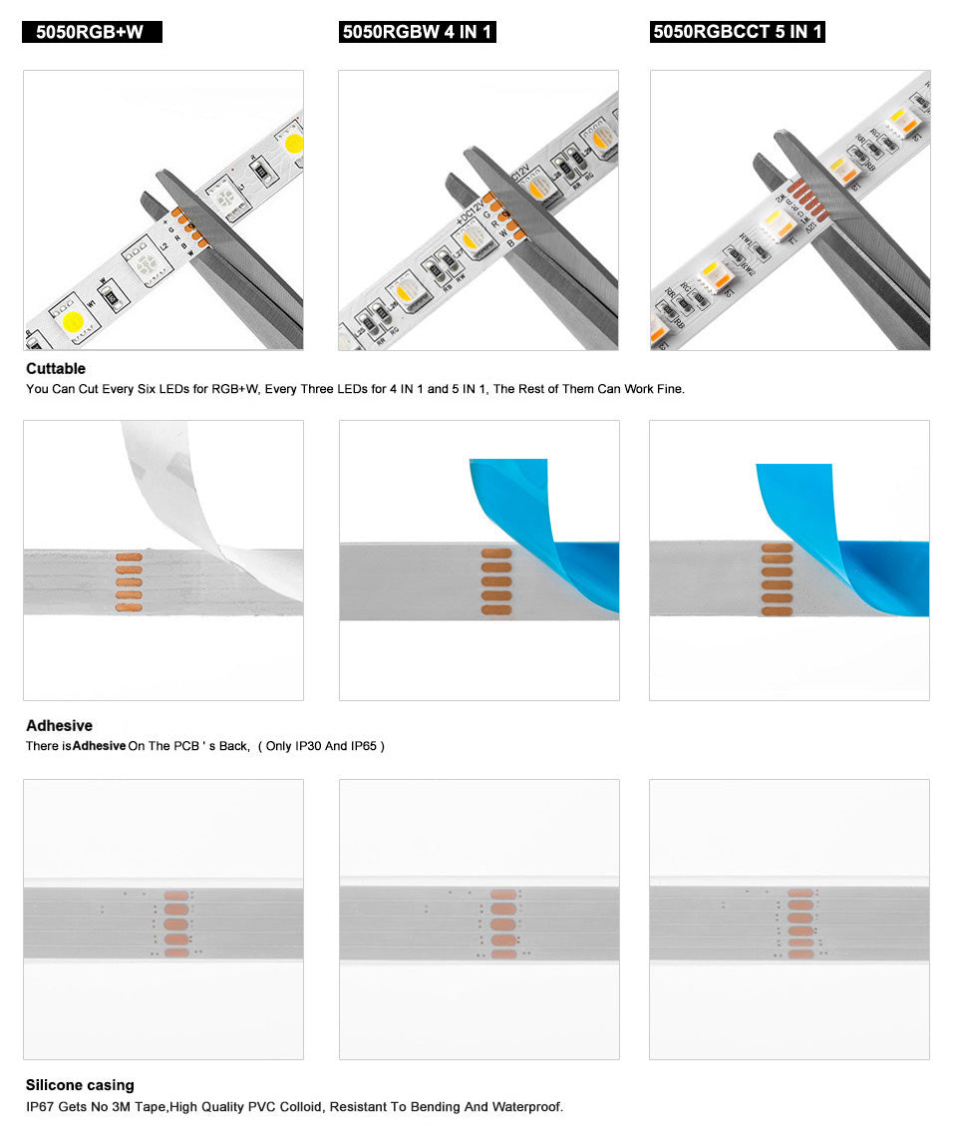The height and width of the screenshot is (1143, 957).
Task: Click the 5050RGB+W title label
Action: [91, 32]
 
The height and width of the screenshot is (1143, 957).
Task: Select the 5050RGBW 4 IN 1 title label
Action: [417, 32]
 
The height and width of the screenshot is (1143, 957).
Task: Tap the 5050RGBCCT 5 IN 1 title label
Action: [737, 32]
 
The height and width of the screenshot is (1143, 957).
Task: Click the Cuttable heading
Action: [56, 368]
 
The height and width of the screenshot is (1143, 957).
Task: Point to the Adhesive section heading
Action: [59, 725]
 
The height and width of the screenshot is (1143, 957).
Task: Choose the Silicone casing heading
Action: [80, 1084]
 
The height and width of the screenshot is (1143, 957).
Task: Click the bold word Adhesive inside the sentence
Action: [99, 746]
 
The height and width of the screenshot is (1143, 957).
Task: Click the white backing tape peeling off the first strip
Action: [174, 479]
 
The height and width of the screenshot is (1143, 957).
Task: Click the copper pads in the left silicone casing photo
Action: [175, 924]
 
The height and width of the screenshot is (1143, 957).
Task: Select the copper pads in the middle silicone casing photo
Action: [503, 924]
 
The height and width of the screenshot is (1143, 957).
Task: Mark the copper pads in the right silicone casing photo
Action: [799, 924]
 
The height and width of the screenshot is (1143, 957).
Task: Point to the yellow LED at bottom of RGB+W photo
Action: [74, 321]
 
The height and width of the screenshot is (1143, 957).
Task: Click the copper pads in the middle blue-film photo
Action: [495, 580]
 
